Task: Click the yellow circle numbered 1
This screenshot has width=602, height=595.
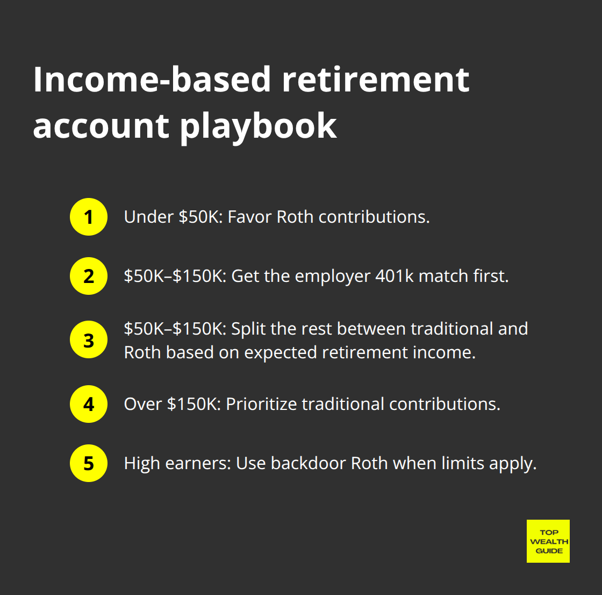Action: [89, 217]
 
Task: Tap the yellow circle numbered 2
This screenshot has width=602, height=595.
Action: [89, 276]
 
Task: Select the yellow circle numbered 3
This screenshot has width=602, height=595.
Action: [89, 340]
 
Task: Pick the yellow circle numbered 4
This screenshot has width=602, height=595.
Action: [89, 404]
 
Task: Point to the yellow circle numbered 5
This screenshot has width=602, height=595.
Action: [89, 463]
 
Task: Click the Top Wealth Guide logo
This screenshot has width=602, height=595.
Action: [548, 541]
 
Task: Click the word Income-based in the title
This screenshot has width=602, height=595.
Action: [152, 80]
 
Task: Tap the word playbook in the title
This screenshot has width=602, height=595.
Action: [258, 126]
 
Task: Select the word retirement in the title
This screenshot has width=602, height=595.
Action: [376, 80]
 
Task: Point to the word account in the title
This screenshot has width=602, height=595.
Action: [101, 126]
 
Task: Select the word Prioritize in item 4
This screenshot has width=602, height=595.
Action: [261, 404]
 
